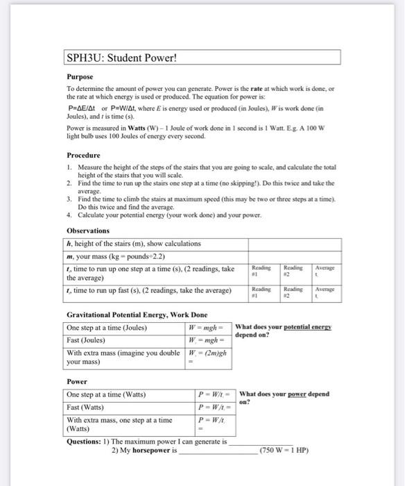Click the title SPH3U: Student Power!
[121, 58]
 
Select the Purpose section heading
[82, 78]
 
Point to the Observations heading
[88, 231]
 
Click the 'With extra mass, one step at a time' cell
[119, 421]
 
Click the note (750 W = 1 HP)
[284, 450]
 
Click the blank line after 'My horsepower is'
[217, 451]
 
